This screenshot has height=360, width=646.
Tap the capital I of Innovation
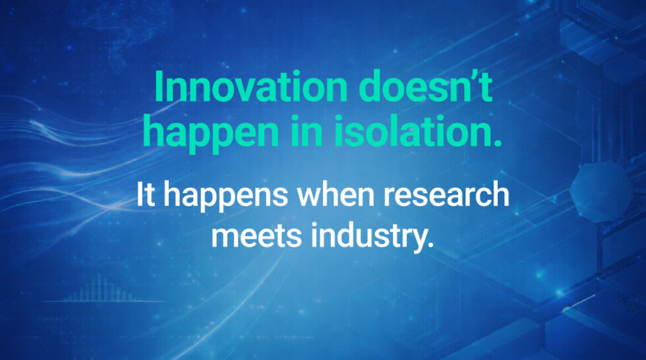159,88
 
